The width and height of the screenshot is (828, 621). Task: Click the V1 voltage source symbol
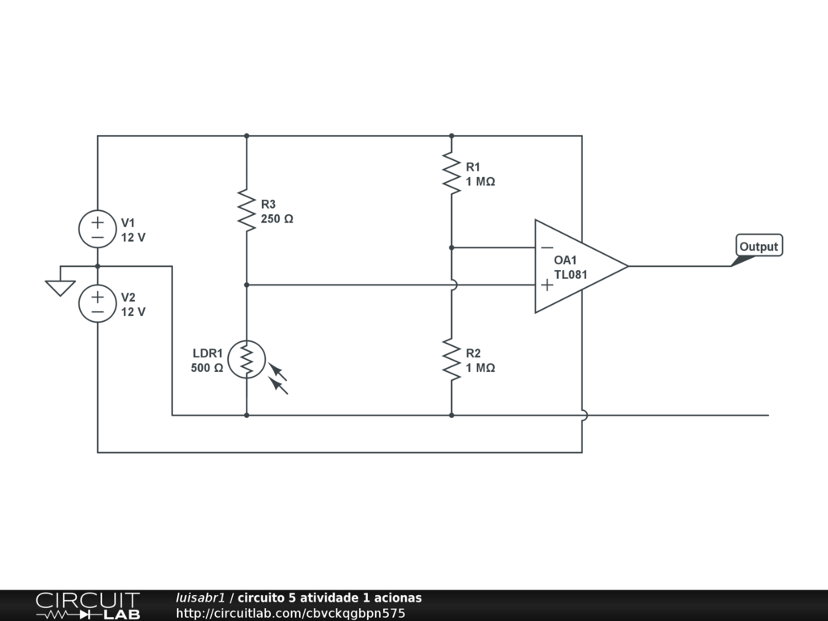[97, 229]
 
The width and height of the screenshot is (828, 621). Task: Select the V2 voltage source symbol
[97, 303]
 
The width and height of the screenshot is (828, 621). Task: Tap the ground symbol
[61, 287]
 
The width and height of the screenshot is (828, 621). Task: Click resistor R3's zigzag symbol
[247, 210]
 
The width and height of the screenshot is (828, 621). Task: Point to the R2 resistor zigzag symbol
[451, 359]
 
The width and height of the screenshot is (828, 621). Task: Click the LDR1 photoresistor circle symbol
[247, 359]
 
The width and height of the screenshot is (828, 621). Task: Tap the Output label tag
[758, 247]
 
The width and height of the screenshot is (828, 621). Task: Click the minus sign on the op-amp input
[547, 247]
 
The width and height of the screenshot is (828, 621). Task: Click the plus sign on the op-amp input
[547, 285]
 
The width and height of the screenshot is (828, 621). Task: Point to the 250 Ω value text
[277, 218]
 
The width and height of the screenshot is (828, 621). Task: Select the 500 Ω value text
[207, 368]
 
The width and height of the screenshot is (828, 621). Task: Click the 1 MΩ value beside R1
[480, 182]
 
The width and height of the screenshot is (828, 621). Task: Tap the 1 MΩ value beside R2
[480, 368]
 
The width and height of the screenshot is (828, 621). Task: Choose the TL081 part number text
[571, 274]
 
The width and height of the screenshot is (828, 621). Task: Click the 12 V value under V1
[133, 238]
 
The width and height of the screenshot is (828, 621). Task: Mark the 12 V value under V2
[133, 312]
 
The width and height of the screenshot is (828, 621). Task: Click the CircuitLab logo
[87, 606]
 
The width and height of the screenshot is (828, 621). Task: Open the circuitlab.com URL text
[290, 613]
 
